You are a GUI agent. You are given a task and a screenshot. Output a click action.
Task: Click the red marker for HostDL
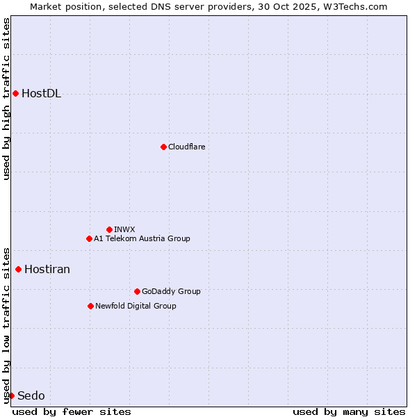coord(15,93)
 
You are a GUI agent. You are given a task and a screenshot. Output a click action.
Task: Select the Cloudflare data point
coord(163,147)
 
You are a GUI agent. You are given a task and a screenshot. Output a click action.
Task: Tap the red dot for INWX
coord(109,229)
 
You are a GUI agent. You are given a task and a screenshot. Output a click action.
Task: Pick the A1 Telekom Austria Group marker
coord(89,238)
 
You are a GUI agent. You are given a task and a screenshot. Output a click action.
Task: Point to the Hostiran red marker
coord(18,269)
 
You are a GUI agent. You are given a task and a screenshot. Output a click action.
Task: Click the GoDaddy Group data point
coord(137,291)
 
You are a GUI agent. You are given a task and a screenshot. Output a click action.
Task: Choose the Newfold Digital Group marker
coord(90,306)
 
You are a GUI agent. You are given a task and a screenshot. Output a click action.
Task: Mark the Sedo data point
coord(11,395)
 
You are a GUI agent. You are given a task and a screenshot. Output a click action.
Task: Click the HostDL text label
coord(41,94)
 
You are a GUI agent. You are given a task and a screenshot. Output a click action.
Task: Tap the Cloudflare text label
coord(186,147)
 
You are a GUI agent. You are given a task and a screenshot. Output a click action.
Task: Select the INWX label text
coord(124,229)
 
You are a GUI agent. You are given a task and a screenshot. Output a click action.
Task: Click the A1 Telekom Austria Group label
coord(142,238)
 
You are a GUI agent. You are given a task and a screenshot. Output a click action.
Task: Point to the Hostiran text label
coord(47,270)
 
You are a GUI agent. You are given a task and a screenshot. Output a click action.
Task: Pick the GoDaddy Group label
coord(171,291)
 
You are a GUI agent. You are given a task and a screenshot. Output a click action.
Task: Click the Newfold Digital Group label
coord(136,306)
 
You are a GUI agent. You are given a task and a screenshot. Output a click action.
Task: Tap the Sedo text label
coord(31,396)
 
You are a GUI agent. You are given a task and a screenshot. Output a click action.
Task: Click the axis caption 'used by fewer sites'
coord(72,411)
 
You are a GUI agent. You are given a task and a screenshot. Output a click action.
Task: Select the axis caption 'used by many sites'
coord(349,411)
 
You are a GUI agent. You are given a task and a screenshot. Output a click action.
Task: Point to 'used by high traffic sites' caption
coord(6,99)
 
